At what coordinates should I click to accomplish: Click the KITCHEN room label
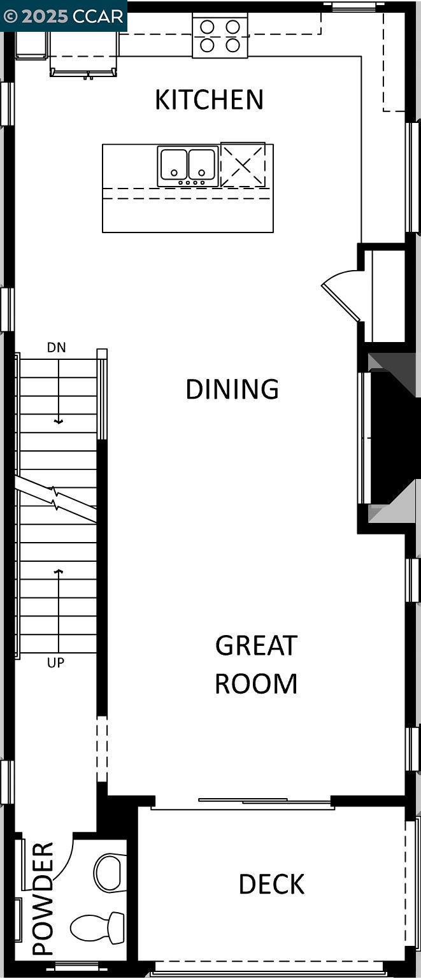(x=209, y=100)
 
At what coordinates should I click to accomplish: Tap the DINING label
(x=232, y=389)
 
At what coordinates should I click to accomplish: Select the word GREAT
(x=256, y=646)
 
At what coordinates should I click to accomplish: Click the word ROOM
(x=256, y=683)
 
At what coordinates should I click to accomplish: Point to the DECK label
(x=271, y=884)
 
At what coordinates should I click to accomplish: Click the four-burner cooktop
(x=220, y=36)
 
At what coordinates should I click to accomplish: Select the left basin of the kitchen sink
(x=173, y=164)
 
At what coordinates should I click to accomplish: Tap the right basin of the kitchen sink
(x=202, y=164)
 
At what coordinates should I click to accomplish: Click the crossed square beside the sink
(x=243, y=164)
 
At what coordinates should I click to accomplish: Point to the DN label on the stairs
(x=56, y=348)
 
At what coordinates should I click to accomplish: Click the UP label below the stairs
(x=55, y=663)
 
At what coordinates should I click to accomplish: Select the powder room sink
(x=111, y=873)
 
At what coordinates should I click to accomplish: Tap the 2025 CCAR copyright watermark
(x=64, y=16)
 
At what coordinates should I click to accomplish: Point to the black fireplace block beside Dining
(x=389, y=439)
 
